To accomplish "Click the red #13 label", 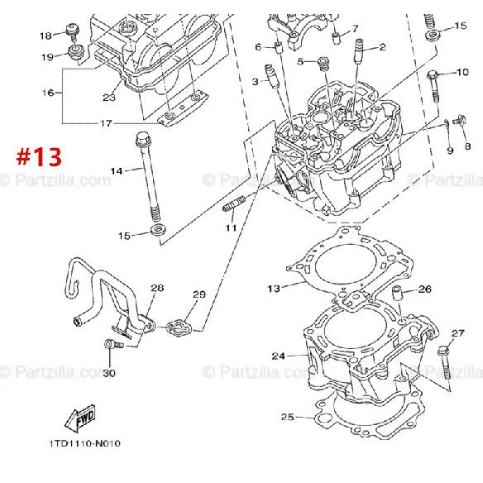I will pyautogui.click(x=39, y=157).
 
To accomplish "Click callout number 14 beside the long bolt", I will pyautogui.click(x=116, y=171).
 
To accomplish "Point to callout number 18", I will pyautogui.click(x=45, y=35).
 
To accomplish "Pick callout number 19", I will pyautogui.click(x=48, y=56).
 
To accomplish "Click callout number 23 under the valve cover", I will pyautogui.click(x=108, y=98).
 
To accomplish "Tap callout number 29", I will pyautogui.click(x=198, y=294).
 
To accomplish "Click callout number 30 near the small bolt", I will pyautogui.click(x=108, y=373).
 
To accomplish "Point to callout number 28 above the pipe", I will pyautogui.click(x=157, y=288).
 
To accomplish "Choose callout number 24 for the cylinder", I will pyautogui.click(x=278, y=356).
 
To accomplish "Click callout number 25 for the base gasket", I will pyautogui.click(x=287, y=416).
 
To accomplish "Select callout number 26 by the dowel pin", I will pyautogui.click(x=424, y=289).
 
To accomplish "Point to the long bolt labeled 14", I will pyautogui.click(x=150, y=178).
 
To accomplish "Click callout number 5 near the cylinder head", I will pyautogui.click(x=302, y=61).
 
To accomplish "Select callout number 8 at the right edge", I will pyautogui.click(x=467, y=146).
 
